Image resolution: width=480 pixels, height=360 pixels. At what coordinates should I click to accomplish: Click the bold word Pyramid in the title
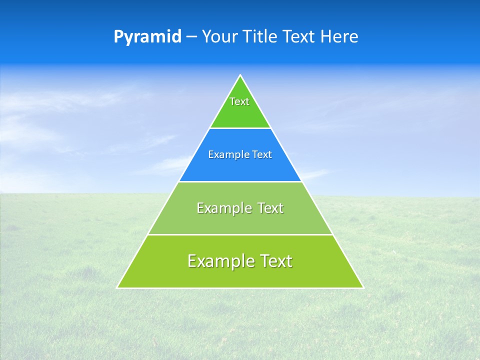coord(147,37)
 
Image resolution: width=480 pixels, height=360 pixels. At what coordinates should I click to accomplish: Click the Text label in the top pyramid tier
coord(239,101)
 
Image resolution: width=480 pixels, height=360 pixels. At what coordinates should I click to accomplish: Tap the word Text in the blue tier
coord(262,155)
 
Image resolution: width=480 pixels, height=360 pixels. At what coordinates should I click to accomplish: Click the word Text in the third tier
coord(270,208)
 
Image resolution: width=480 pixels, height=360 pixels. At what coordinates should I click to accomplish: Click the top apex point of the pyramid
coord(240,75)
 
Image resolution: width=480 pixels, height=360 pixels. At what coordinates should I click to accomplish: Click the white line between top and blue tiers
coord(240,128)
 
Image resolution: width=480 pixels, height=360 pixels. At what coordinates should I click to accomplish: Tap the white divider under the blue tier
coord(240,181)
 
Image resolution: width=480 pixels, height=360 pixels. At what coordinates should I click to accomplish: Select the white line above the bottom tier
coord(240,234)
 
